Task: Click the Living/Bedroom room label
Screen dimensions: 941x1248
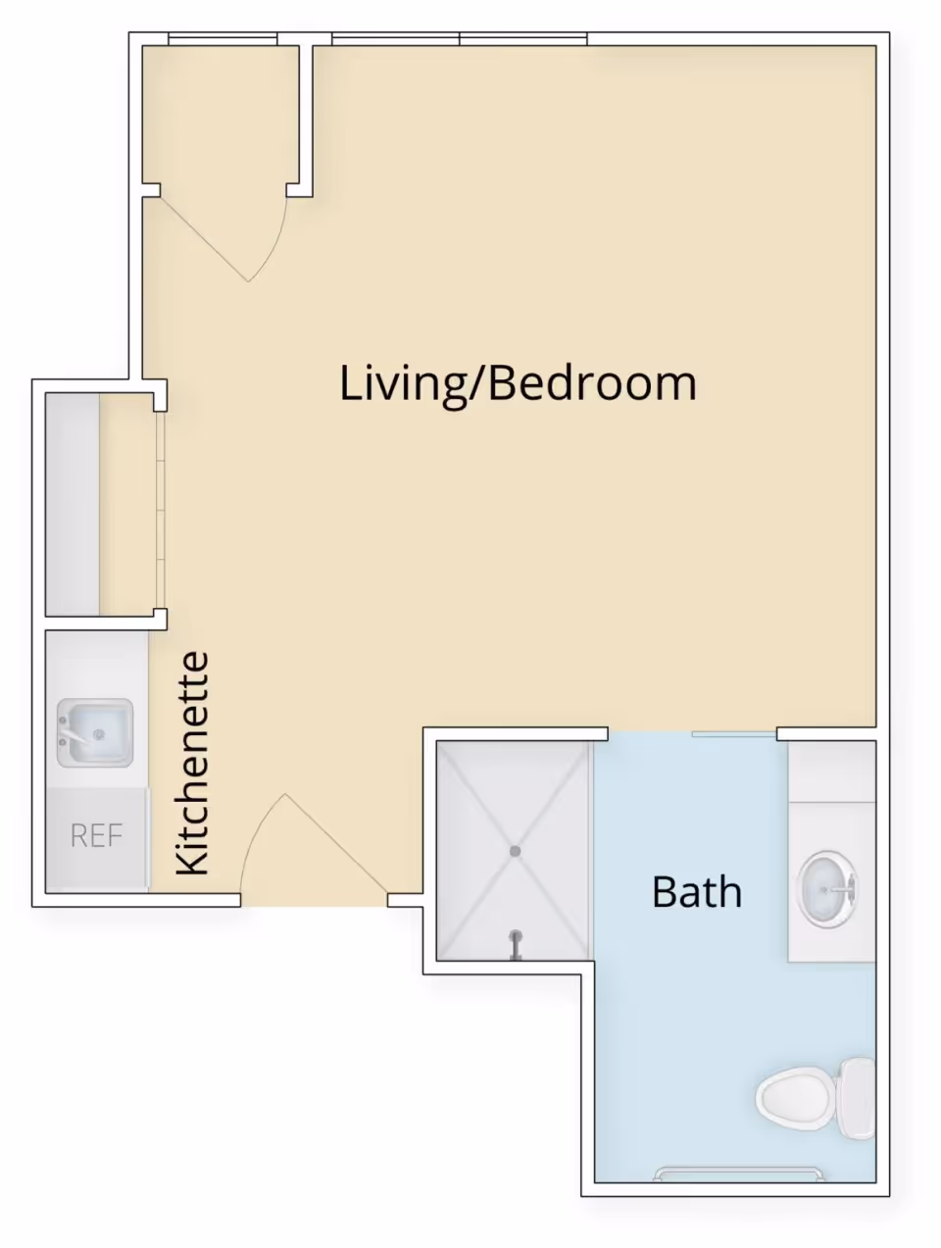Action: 518,384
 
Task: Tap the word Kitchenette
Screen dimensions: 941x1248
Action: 192,763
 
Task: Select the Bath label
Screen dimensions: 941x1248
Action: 697,892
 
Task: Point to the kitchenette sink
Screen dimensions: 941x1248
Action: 95,733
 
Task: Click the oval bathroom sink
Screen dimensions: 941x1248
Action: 827,889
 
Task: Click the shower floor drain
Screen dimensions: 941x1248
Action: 515,851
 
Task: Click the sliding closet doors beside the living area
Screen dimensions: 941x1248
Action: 161,510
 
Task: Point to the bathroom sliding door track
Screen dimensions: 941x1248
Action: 734,735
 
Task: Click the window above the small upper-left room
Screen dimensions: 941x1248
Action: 223,39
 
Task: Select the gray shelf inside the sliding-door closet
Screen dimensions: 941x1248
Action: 73,504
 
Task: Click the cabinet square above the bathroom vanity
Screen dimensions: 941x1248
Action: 831,771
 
